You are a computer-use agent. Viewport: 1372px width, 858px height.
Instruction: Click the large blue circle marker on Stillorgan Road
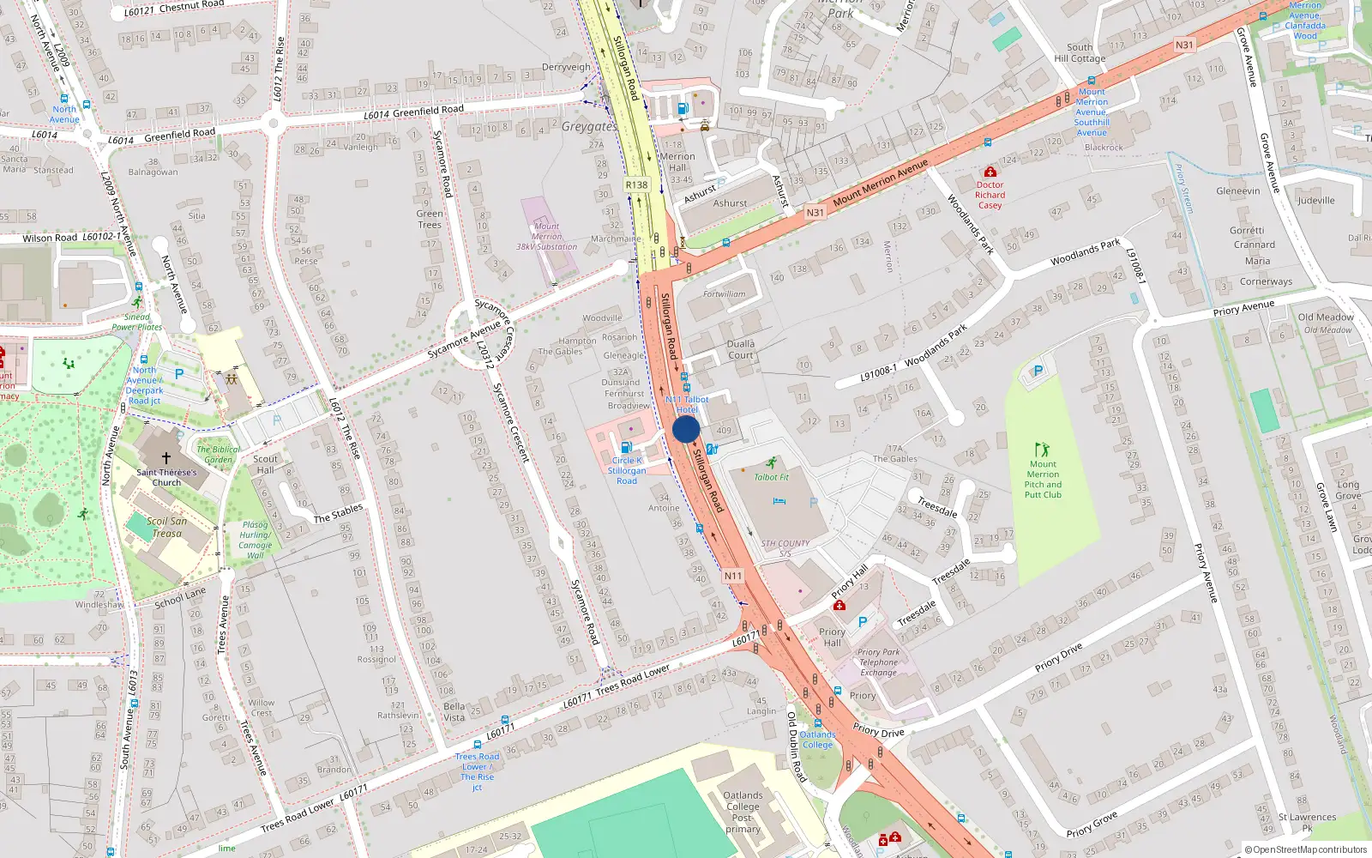tap(686, 429)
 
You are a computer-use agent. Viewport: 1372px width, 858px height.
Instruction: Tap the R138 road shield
tap(636, 184)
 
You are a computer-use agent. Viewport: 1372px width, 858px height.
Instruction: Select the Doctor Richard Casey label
tap(990, 195)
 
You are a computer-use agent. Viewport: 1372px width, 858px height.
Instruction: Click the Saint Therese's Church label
tap(166, 477)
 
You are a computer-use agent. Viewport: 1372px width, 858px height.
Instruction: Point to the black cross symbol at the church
tap(166, 458)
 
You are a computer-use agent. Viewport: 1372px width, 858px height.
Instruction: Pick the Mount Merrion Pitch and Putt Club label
tap(1043, 480)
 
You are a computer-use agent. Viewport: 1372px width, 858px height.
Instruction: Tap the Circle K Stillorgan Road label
tap(627, 470)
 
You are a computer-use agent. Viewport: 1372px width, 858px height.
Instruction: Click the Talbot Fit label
tap(771, 477)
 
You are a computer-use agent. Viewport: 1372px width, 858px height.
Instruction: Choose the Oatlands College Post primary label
tap(743, 812)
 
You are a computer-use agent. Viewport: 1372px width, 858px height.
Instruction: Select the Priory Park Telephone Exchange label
tap(878, 662)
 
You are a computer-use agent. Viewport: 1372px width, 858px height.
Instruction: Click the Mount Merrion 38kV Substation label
tap(546, 237)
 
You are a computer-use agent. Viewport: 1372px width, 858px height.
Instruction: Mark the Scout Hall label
tap(266, 464)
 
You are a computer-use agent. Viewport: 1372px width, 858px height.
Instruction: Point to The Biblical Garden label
tap(219, 454)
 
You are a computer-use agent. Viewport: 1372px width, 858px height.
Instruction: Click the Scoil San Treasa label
tap(166, 527)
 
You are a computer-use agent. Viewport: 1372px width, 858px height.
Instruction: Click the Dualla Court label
tap(741, 349)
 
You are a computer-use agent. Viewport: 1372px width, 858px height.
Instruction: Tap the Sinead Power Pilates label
tap(136, 322)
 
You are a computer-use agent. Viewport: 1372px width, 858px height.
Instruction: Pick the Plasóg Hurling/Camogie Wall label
tap(255, 540)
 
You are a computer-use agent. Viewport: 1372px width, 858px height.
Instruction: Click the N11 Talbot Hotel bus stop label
tap(687, 404)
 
